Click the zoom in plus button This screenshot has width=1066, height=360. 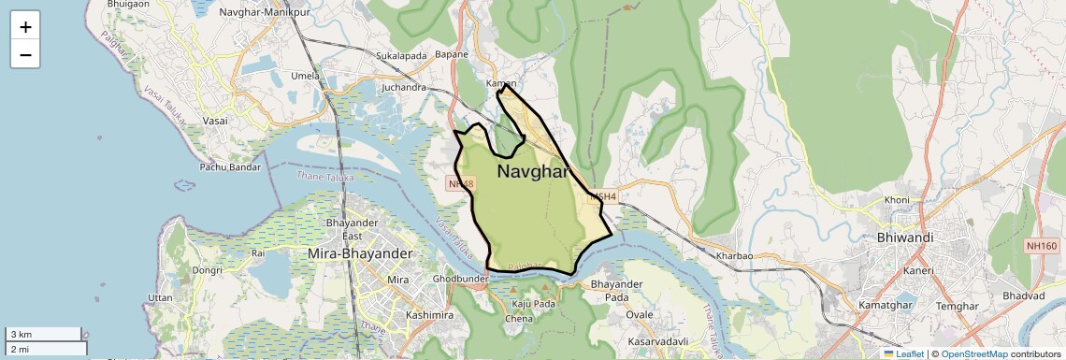click(25, 27)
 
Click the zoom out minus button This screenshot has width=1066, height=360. click(25, 55)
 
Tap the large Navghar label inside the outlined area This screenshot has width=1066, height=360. click(533, 172)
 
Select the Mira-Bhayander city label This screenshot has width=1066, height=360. click(360, 253)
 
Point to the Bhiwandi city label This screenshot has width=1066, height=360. click(905, 238)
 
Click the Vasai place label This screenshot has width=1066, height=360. click(216, 122)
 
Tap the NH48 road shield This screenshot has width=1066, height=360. click(462, 184)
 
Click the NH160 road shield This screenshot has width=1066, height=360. click(1041, 245)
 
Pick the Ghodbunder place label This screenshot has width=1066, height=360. click(461, 280)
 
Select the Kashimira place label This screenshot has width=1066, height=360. click(430, 315)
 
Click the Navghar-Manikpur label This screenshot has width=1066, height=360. click(264, 13)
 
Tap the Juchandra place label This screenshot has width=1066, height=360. click(404, 87)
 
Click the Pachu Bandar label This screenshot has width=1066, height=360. click(230, 167)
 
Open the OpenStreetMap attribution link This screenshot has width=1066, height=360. click(973, 353)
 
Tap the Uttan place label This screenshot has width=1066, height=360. click(160, 296)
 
